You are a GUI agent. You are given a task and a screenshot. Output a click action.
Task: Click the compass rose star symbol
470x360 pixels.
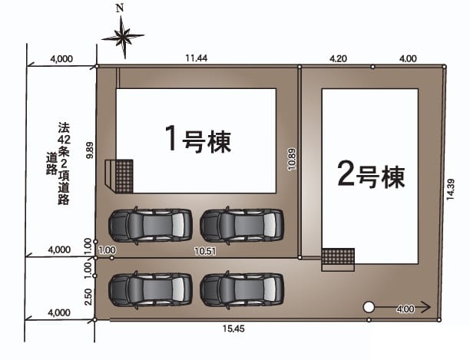(x=123, y=37)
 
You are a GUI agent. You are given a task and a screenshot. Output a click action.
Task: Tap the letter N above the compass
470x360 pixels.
(x=120, y=8)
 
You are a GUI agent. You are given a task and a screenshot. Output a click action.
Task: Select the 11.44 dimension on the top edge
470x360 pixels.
(x=197, y=58)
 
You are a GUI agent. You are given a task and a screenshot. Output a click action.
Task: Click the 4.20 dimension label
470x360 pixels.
(x=338, y=58)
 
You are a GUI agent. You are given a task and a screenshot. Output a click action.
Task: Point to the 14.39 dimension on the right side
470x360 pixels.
(x=451, y=190)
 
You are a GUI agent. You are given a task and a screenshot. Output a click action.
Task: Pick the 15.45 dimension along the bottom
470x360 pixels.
(x=233, y=329)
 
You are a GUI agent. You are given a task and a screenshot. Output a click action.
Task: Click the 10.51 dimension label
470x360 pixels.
(x=205, y=251)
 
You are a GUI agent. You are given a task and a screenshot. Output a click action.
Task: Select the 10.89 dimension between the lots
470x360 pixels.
(x=292, y=159)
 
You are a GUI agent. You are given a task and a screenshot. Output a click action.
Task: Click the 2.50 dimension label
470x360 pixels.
(x=88, y=296)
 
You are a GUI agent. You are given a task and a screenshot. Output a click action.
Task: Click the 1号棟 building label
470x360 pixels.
(x=198, y=139)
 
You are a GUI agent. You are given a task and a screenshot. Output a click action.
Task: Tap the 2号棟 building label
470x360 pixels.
(x=372, y=174)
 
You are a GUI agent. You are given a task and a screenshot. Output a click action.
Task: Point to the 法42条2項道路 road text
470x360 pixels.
(x=60, y=163)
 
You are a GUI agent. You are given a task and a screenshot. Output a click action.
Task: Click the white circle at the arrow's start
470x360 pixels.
(x=369, y=307)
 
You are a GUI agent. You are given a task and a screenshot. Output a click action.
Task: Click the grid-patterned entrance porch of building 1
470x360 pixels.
(x=124, y=177)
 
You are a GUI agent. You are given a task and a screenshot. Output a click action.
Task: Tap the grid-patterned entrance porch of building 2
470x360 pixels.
(x=338, y=256)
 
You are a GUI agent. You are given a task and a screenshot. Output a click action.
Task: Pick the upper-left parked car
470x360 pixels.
(x=151, y=225)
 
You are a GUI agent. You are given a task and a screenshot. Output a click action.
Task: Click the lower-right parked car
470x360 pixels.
(x=242, y=289)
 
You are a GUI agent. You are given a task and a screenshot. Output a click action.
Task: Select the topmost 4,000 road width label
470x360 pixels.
(x=61, y=59)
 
